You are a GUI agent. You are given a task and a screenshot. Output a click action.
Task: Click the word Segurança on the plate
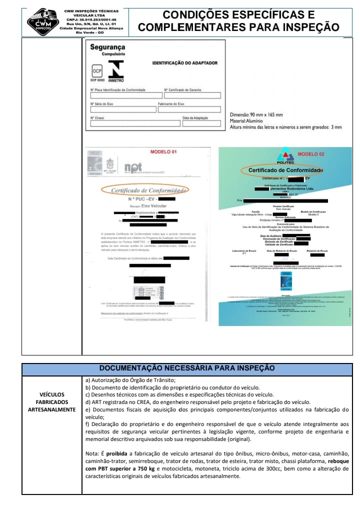107,47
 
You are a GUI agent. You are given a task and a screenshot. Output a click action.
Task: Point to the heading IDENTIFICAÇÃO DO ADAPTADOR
184,63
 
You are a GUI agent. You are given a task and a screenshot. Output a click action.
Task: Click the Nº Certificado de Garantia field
191,95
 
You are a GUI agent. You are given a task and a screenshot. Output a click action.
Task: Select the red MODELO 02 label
311,154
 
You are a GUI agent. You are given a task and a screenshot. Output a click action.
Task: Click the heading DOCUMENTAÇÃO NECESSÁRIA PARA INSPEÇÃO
187,368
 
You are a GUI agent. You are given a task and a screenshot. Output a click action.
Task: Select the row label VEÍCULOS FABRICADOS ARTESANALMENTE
51,401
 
